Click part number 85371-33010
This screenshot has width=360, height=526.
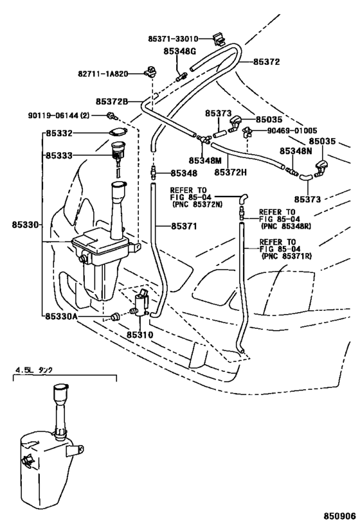click(173, 39)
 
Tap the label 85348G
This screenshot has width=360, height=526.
click(179, 51)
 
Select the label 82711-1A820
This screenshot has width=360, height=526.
click(103, 73)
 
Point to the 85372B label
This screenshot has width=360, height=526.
click(111, 101)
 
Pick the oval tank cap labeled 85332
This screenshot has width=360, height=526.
click(118, 132)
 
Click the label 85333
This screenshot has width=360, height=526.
click(59, 155)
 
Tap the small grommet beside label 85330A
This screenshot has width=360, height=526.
click(115, 317)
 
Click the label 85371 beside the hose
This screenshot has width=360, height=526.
click(184, 227)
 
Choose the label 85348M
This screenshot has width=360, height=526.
click(204, 161)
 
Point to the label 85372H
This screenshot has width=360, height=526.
click(230, 172)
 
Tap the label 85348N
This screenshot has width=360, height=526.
click(296, 152)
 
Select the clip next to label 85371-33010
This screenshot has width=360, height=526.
click(219, 40)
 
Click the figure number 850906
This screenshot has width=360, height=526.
click(339, 515)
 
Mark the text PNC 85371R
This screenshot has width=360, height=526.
click(286, 256)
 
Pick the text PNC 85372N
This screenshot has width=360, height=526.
click(197, 204)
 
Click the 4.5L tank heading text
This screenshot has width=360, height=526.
click(33, 370)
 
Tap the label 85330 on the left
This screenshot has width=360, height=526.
click(26, 224)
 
